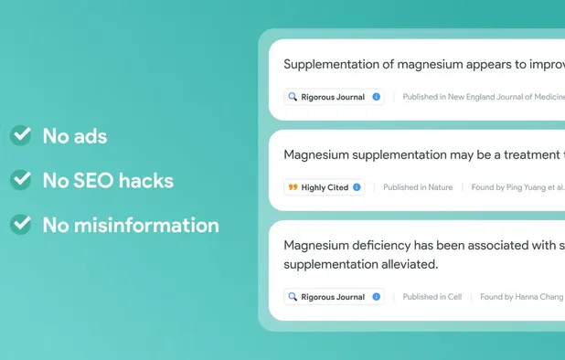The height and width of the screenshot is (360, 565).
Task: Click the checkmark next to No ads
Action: point(20,136)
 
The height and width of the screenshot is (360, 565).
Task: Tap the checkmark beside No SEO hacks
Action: point(20,180)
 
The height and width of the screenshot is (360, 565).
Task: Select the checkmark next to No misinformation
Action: point(20,224)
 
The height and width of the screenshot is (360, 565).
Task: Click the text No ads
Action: point(74,136)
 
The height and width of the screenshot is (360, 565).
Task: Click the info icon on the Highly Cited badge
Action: point(357,187)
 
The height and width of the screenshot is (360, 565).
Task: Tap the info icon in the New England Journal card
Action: point(376,97)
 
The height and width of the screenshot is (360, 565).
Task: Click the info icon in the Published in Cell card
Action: point(376,297)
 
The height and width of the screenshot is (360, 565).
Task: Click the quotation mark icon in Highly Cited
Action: point(293,187)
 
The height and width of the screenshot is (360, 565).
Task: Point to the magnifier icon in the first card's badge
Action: point(293,97)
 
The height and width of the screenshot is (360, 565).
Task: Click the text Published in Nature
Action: point(418,187)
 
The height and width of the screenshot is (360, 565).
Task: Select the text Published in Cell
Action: point(432,297)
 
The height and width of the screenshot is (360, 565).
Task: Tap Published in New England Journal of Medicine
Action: point(483,97)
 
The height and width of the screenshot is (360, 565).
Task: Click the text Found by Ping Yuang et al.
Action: point(517,187)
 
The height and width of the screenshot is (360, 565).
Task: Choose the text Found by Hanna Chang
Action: point(521,297)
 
